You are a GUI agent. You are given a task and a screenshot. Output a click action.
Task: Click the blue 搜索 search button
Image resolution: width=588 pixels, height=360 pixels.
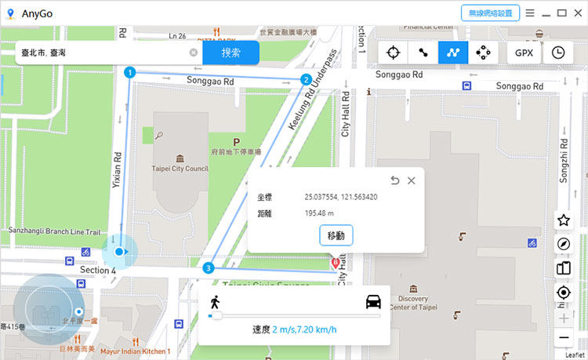[x=230, y=53]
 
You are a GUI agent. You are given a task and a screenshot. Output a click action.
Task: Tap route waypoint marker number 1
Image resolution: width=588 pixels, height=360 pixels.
[x=129, y=72]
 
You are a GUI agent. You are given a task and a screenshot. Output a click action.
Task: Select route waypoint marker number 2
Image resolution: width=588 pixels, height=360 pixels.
[x=306, y=79]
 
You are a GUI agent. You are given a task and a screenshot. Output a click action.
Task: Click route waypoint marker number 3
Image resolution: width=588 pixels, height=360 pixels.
[x=208, y=268]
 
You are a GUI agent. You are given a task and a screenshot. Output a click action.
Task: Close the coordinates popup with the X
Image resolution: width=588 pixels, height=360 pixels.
[x=412, y=180]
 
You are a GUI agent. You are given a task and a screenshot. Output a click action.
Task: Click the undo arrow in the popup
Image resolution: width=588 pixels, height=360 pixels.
[x=395, y=180]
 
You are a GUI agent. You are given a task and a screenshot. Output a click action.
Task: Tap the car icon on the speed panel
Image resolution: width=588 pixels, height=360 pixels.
[x=372, y=302]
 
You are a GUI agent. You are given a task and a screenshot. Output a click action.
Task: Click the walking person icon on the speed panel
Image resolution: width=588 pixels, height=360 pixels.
[x=215, y=302]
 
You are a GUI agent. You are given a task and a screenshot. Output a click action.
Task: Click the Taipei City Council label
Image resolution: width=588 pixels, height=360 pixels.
[x=180, y=168]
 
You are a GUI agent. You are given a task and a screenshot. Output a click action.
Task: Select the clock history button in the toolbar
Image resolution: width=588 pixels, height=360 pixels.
[x=558, y=53]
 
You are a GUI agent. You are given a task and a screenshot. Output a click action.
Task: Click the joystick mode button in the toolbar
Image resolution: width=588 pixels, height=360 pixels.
[x=485, y=53]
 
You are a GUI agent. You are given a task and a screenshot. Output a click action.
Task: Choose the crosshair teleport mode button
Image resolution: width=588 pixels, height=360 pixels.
[x=394, y=53]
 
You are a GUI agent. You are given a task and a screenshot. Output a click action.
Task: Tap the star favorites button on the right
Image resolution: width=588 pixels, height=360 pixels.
[x=563, y=220]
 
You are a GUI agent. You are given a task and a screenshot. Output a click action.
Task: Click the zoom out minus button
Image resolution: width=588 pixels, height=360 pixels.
[x=563, y=338]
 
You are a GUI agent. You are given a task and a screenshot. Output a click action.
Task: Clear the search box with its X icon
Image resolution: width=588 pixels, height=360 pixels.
[x=194, y=53]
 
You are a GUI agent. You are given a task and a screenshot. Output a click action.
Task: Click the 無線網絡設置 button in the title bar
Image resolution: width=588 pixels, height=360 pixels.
[x=490, y=13]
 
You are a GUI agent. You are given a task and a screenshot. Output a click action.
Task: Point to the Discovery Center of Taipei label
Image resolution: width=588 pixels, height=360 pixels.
[x=413, y=303]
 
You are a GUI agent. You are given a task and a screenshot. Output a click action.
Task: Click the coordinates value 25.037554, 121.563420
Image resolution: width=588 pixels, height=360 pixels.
[x=341, y=197]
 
